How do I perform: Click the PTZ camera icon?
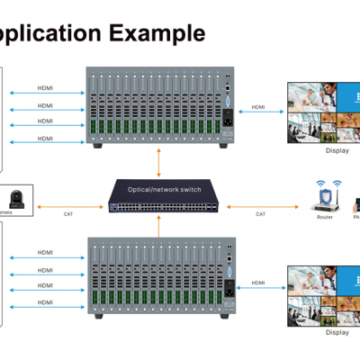coord(15,199)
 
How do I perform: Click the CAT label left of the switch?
coord(68,214)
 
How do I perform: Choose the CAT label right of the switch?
coord(260,214)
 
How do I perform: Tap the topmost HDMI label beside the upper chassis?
coord(45,88)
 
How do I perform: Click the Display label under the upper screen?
coord(337,150)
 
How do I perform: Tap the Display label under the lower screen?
coord(337,331)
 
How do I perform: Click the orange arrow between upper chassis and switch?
coord(159,163)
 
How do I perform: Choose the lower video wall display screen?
coord(324,293)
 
